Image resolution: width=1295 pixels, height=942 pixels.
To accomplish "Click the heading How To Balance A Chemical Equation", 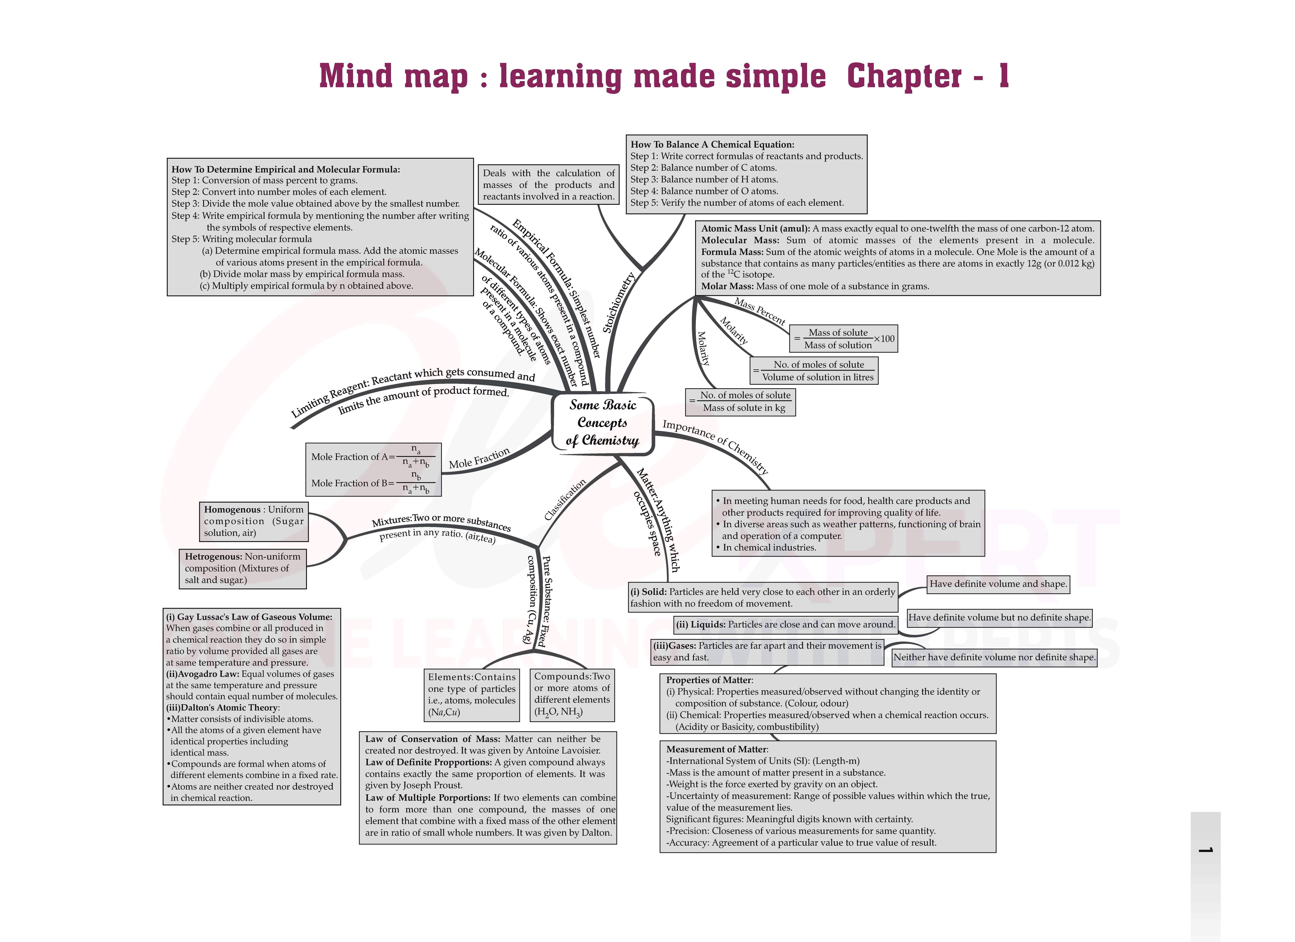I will [x=712, y=145].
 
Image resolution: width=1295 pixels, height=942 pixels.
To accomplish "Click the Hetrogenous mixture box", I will [x=243, y=568].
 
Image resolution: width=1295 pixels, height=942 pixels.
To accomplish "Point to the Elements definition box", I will [x=472, y=695].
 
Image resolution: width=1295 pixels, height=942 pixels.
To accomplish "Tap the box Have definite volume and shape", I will [x=998, y=584].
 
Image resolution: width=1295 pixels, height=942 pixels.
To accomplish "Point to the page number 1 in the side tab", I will [x=1205, y=850].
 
